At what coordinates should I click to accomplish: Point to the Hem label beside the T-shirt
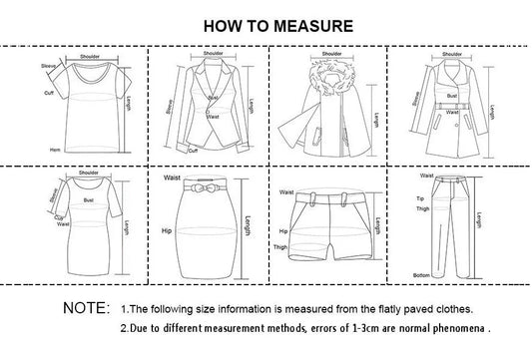(55, 147)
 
